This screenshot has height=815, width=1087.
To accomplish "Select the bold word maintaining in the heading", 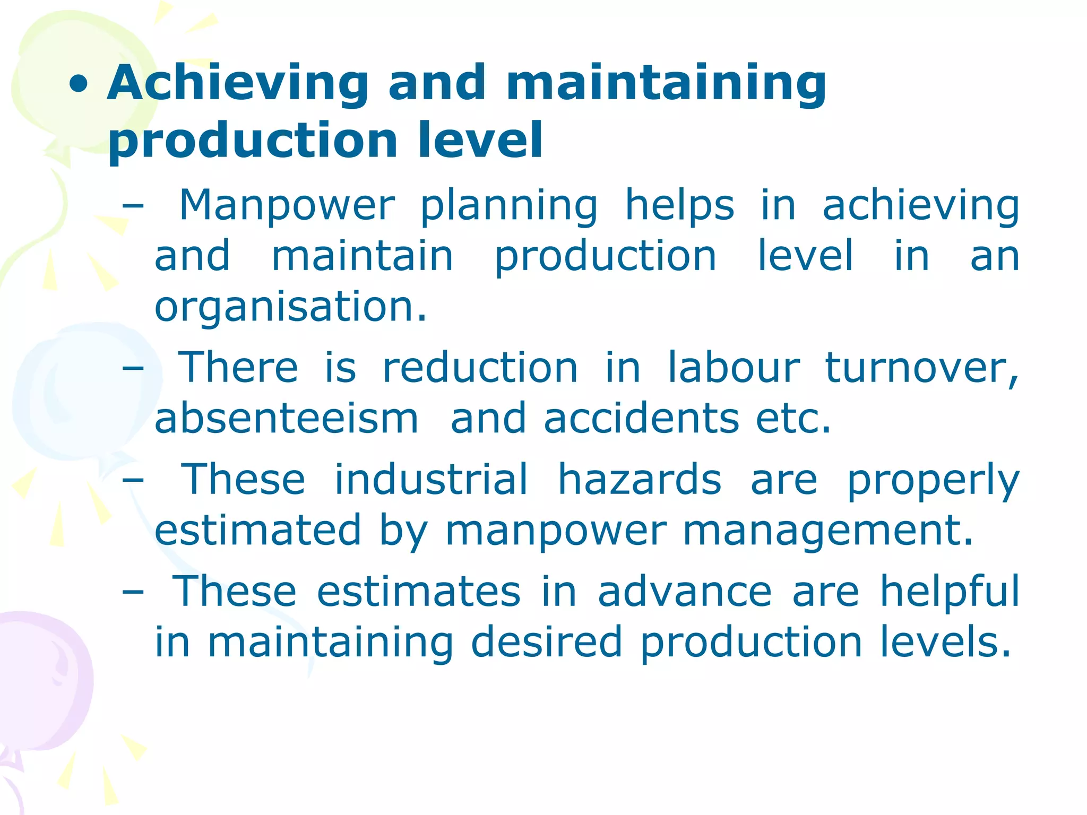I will pyautogui.click(x=666, y=83).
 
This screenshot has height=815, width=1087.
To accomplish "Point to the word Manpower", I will pyautogui.click(x=287, y=205).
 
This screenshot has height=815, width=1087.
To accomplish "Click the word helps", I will pyautogui.click(x=680, y=205).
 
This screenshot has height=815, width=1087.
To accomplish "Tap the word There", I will pyautogui.click(x=238, y=367).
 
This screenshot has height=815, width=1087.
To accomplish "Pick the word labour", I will pyautogui.click(x=733, y=367).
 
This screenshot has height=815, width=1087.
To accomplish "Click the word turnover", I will pyautogui.click(x=921, y=367).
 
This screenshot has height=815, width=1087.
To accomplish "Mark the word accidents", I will pyautogui.click(x=641, y=418).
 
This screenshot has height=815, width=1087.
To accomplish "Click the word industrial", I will pyautogui.click(x=431, y=479).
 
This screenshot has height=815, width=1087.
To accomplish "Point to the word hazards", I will pyautogui.click(x=640, y=479).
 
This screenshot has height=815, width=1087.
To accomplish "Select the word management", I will pyautogui.click(x=828, y=530).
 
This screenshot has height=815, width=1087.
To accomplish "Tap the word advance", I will pyautogui.click(x=685, y=591).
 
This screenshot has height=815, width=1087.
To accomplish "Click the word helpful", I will pyautogui.click(x=950, y=591).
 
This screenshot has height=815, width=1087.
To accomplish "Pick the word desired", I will pyautogui.click(x=546, y=642).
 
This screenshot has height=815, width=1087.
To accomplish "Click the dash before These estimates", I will pyautogui.click(x=133, y=592).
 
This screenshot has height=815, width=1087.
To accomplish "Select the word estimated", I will pyautogui.click(x=258, y=530).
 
